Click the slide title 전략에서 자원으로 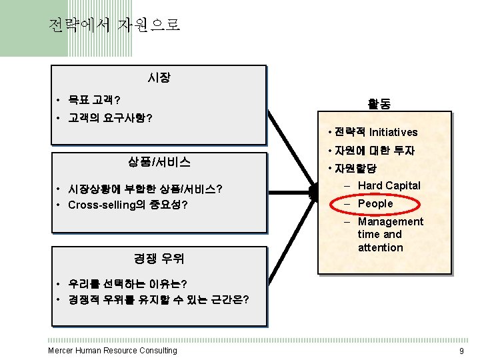coord(114,26)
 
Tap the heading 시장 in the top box coord(159,78)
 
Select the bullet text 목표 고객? coord(94,101)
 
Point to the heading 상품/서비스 coord(159,162)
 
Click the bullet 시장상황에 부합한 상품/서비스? coord(145,189)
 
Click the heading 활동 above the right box coord(379,104)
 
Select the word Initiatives coord(393,132)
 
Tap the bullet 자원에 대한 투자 coord(374,151)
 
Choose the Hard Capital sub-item coord(389,185)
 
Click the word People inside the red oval coord(375,203)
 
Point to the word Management coord(390,221)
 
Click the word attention coord(380,247)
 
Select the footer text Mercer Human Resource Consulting coord(113,351)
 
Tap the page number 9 coord(461,351)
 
